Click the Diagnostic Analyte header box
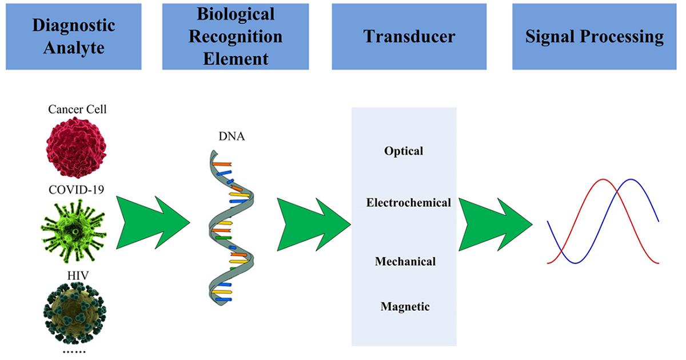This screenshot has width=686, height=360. [x=73, y=37]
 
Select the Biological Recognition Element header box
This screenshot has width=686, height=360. [x=236, y=37]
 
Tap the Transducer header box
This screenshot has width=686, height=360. [x=409, y=37]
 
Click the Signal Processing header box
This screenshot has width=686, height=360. [x=595, y=37]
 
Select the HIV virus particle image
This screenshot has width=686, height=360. [x=73, y=312]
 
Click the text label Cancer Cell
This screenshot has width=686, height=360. [x=77, y=109]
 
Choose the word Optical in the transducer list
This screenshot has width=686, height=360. [x=404, y=151]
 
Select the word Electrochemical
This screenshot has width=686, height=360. [x=408, y=203]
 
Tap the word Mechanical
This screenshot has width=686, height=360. [x=405, y=262]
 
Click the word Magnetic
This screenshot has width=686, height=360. [x=405, y=307]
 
